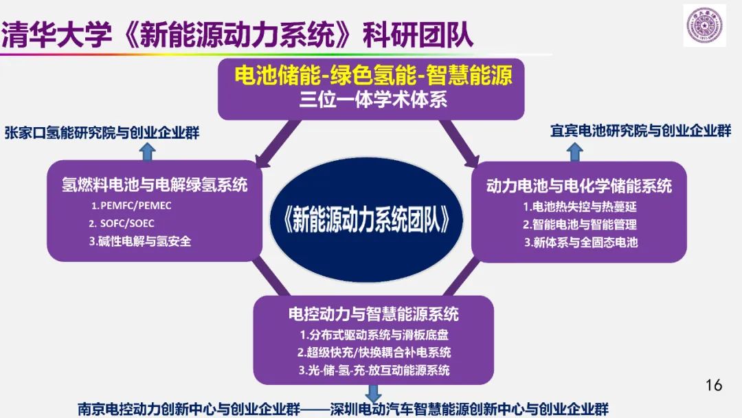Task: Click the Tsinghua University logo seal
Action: (x=704, y=25)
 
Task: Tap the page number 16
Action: (x=714, y=385)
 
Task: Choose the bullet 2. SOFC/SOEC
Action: (x=122, y=223)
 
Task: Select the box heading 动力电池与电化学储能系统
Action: (x=579, y=186)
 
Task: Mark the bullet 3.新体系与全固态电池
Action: (x=581, y=242)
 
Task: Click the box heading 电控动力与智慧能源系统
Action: (x=373, y=316)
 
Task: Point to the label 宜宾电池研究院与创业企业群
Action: (x=640, y=131)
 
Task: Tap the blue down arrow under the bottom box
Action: (x=373, y=394)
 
